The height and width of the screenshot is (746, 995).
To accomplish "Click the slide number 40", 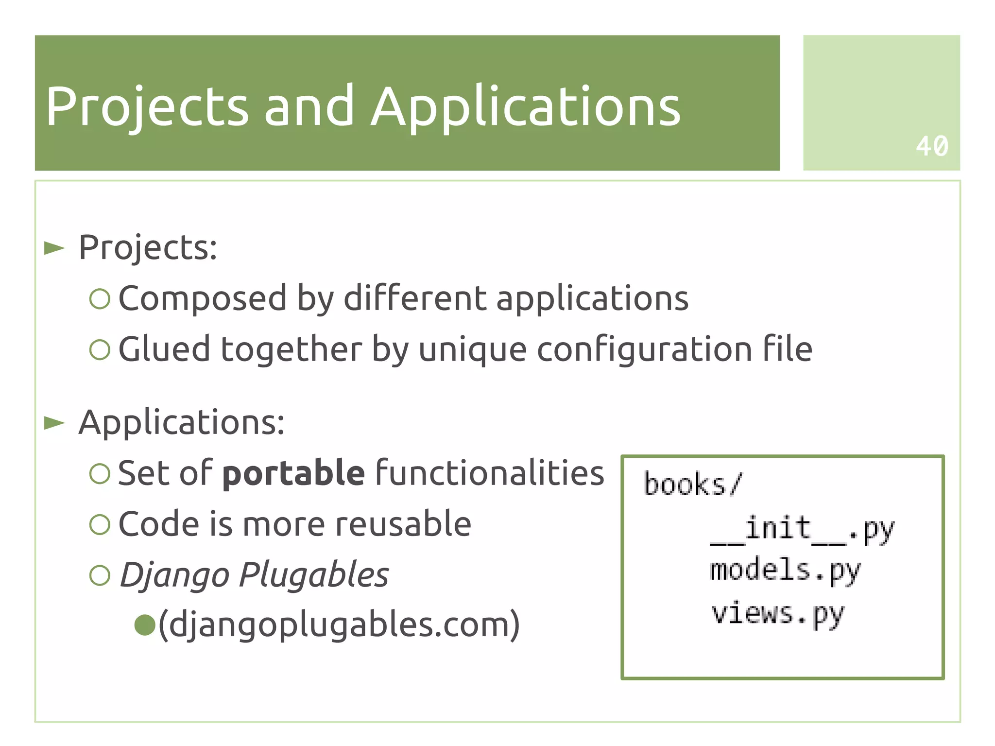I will tap(931, 146).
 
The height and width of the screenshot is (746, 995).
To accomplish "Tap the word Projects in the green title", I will tap(147, 107).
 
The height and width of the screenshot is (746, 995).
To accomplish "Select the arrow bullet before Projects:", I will tap(54, 248).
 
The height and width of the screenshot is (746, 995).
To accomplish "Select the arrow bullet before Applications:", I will tap(54, 423).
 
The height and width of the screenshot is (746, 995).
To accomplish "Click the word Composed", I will tap(202, 298).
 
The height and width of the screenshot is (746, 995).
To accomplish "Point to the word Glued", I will tap(164, 349).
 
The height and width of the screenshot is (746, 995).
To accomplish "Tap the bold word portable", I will tap(293, 473).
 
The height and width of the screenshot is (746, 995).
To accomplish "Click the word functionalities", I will tap(490, 473).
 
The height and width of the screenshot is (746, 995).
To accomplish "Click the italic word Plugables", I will tap(314, 575).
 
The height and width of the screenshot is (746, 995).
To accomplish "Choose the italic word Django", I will tap(174, 575).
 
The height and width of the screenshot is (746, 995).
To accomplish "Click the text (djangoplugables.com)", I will tap(339, 625).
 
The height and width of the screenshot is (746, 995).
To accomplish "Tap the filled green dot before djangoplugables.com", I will tap(144, 625).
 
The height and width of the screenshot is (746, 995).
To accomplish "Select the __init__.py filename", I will tap(802, 530).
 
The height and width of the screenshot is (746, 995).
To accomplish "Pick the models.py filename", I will tap(785, 571).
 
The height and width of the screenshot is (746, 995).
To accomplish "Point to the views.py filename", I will tap(777, 614).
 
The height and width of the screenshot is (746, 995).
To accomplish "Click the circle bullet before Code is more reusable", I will tap(100, 524).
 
